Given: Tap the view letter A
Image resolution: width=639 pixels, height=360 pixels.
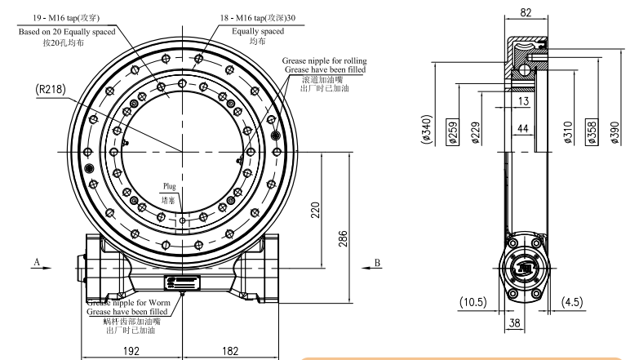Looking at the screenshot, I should click(x=36, y=261).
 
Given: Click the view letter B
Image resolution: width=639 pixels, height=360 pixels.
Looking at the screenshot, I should click(x=378, y=261).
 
